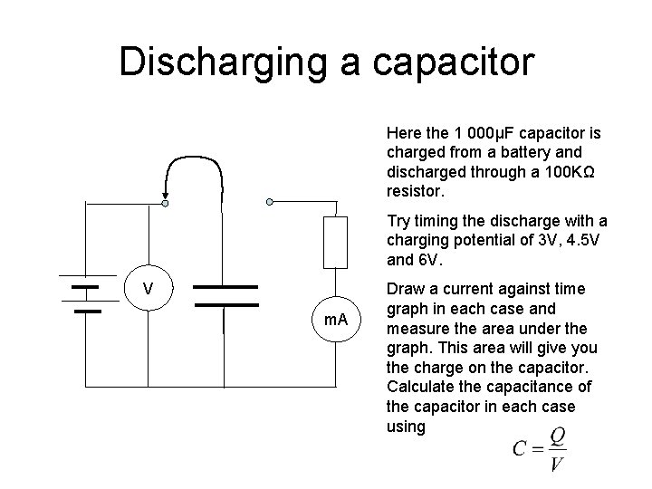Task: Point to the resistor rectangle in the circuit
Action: point(336,243)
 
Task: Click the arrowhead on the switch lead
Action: point(166,192)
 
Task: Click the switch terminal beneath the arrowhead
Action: point(165,203)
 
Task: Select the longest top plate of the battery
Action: point(86,275)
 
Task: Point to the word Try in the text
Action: point(398,220)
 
